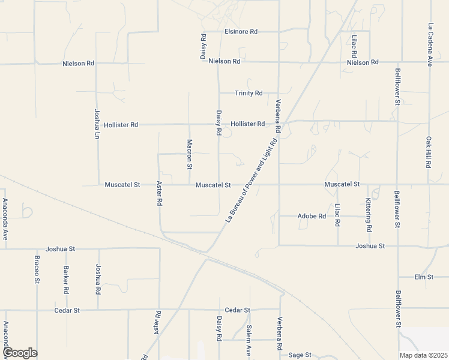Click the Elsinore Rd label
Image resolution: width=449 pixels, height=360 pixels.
pyautogui.click(x=241, y=31)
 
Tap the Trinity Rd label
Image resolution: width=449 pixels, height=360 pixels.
pyautogui.click(x=249, y=93)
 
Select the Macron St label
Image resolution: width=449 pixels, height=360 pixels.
pyautogui.click(x=189, y=153)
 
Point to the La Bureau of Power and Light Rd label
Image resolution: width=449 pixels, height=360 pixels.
pyautogui.click(x=252, y=180)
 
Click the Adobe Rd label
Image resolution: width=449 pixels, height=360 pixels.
pyautogui.click(x=312, y=216)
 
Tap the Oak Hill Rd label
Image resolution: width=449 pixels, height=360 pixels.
pyautogui.click(x=429, y=152)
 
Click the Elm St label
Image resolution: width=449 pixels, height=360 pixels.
pyautogui.click(x=424, y=277)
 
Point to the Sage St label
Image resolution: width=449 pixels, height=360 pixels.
pyautogui.click(x=300, y=355)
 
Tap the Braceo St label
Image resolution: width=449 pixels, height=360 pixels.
pyautogui.click(x=37, y=271)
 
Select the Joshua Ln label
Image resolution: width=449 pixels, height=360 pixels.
pyautogui.click(x=97, y=124)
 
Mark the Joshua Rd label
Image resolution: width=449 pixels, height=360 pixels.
pyautogui.click(x=98, y=279)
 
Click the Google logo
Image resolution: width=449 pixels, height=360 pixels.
pyautogui.click(x=19, y=353)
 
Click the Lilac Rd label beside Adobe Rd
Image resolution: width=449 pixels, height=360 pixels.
pyautogui.click(x=337, y=215)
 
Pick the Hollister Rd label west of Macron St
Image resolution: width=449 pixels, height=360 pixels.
pyautogui.click(x=121, y=125)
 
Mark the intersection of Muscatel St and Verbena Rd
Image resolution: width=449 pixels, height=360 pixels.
pyautogui.click(x=279, y=185)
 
